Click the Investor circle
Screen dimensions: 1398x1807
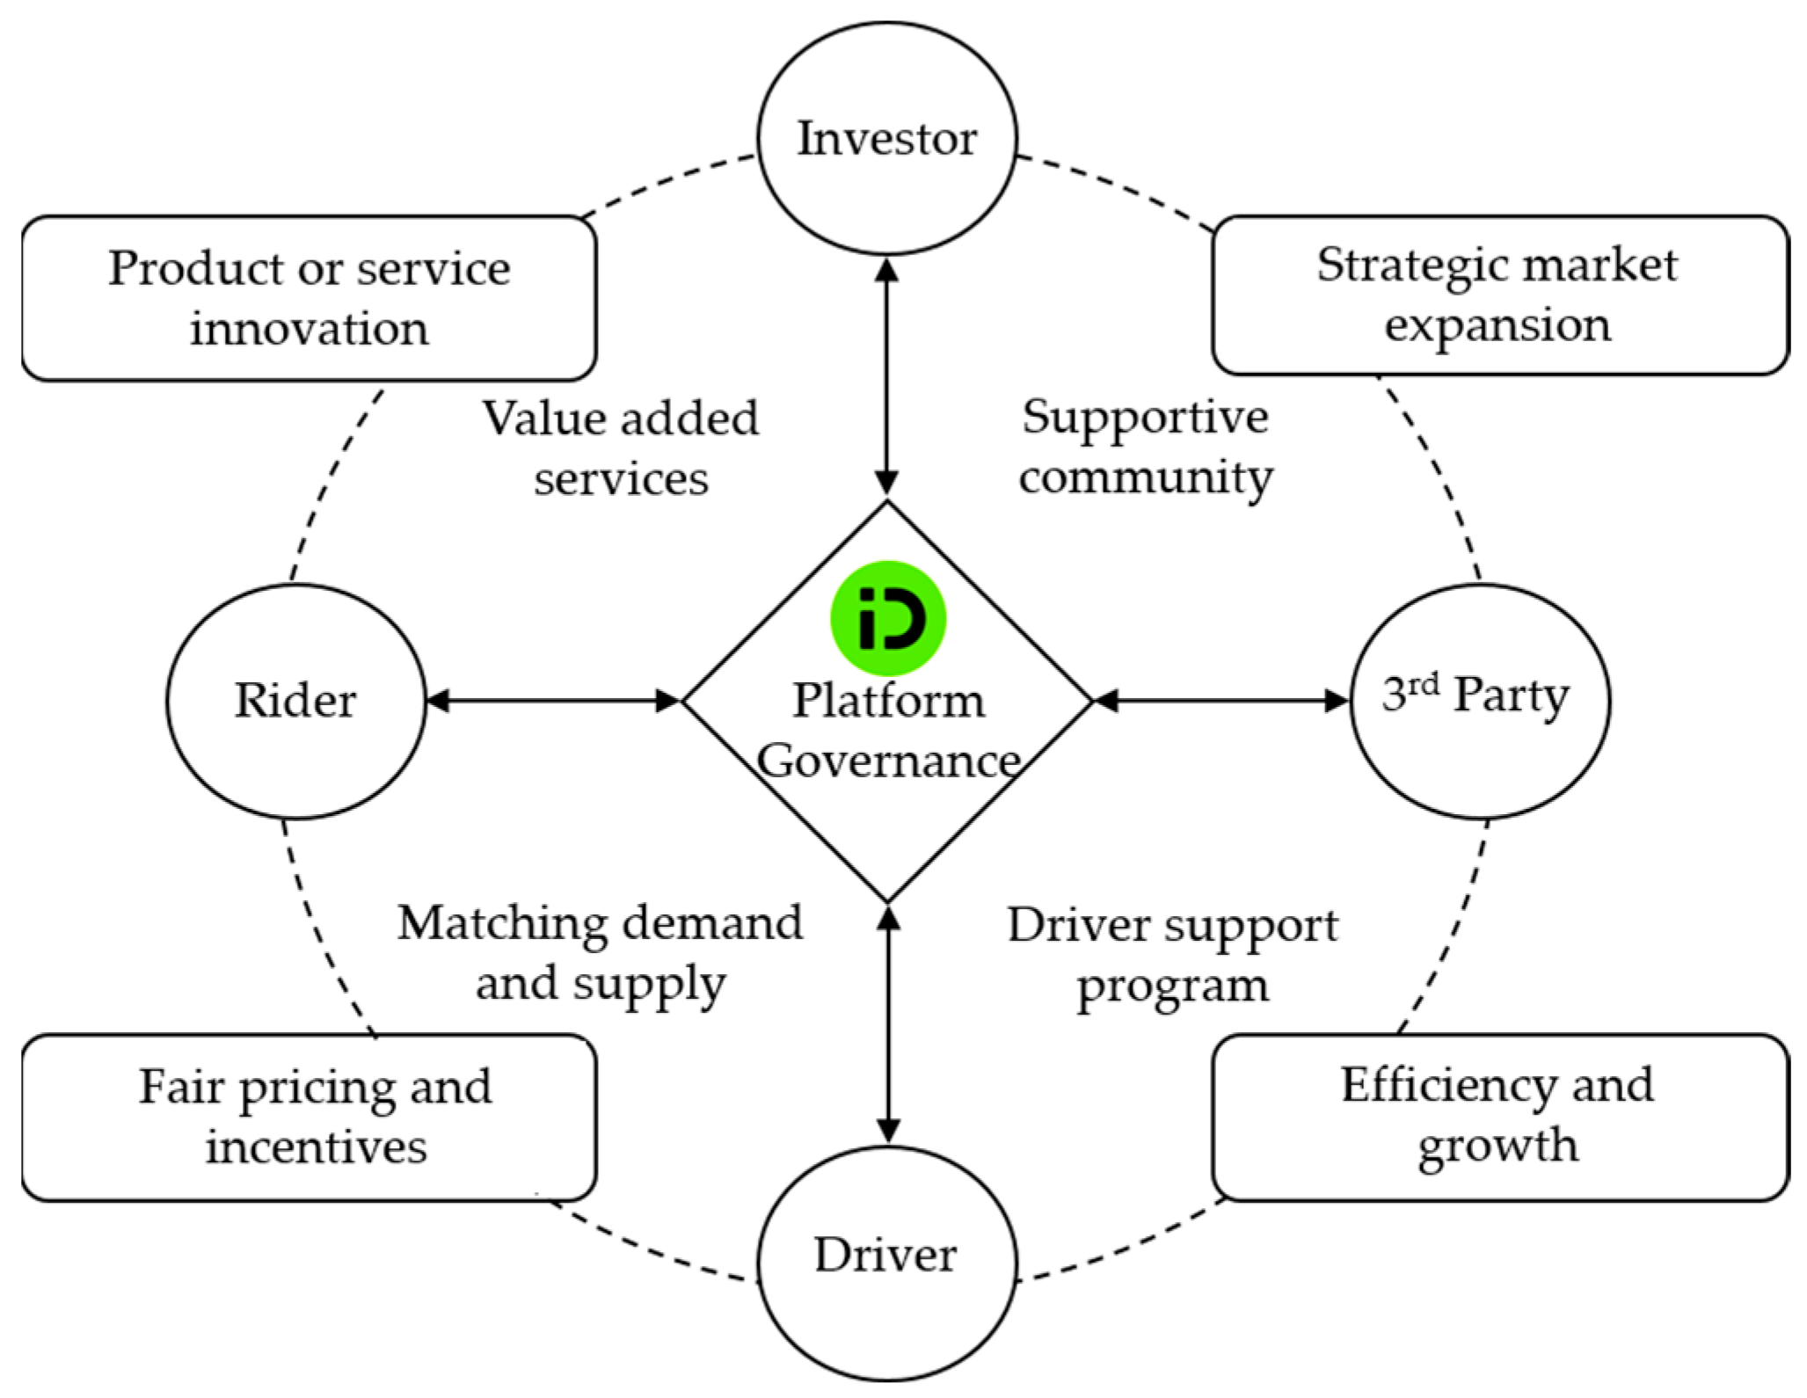tap(886, 139)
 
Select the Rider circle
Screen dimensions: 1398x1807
tap(295, 701)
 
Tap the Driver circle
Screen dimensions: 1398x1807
tap(886, 1256)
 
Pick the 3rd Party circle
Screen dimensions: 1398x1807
tap(1480, 701)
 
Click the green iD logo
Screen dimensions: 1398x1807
tap(888, 618)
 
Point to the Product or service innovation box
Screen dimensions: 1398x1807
tap(309, 299)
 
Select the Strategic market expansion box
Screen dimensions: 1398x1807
tap(1498, 295)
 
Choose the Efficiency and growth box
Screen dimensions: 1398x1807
tap(1498, 1116)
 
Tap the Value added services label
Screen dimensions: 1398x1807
tap(621, 448)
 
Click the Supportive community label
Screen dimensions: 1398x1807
tap(1145, 447)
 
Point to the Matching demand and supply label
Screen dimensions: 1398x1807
tap(601, 953)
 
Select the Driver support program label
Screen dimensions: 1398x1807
tap(1172, 955)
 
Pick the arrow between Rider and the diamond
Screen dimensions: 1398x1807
tap(553, 701)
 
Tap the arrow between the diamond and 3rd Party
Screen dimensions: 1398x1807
tap(1221, 701)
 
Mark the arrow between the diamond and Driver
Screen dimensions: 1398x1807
tap(888, 1024)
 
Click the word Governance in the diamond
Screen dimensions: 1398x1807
tap(888, 761)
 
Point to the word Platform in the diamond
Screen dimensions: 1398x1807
tap(888, 701)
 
